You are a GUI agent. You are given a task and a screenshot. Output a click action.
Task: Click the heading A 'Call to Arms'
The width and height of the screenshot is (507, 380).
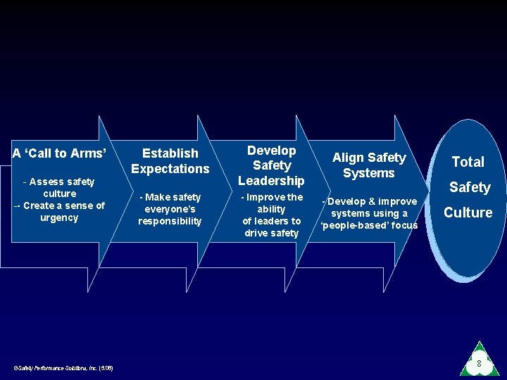[x=60, y=153]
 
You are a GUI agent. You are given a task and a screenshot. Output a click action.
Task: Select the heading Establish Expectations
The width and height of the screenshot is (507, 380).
[x=170, y=160]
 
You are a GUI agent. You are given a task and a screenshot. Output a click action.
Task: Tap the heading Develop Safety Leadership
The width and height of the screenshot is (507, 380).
[x=271, y=165]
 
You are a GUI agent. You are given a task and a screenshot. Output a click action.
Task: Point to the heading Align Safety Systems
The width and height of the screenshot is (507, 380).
[x=369, y=165]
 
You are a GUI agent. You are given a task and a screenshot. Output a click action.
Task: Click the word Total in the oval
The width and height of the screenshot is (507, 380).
[x=468, y=162]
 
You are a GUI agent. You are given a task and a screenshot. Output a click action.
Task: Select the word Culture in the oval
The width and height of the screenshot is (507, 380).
[x=468, y=213]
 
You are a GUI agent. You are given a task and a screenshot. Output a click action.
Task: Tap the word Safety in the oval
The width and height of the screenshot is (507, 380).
[x=470, y=187]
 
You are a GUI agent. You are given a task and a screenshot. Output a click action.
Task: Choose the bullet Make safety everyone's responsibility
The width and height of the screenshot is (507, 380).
[x=170, y=209]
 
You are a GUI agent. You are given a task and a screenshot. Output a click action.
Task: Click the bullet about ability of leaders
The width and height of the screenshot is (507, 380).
[x=271, y=215]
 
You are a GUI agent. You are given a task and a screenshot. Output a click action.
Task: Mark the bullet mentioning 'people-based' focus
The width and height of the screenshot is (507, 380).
[x=369, y=213]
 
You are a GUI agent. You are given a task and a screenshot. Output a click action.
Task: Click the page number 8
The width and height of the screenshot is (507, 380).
[x=479, y=364]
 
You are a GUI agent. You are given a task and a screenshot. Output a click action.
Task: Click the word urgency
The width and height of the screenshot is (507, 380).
[x=59, y=218]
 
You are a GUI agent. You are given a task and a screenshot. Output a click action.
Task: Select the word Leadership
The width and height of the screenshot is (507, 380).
[x=271, y=181]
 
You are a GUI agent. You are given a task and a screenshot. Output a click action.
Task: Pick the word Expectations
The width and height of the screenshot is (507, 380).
[x=170, y=169]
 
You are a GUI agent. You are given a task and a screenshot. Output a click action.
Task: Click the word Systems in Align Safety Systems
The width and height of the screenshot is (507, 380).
[x=369, y=173]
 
